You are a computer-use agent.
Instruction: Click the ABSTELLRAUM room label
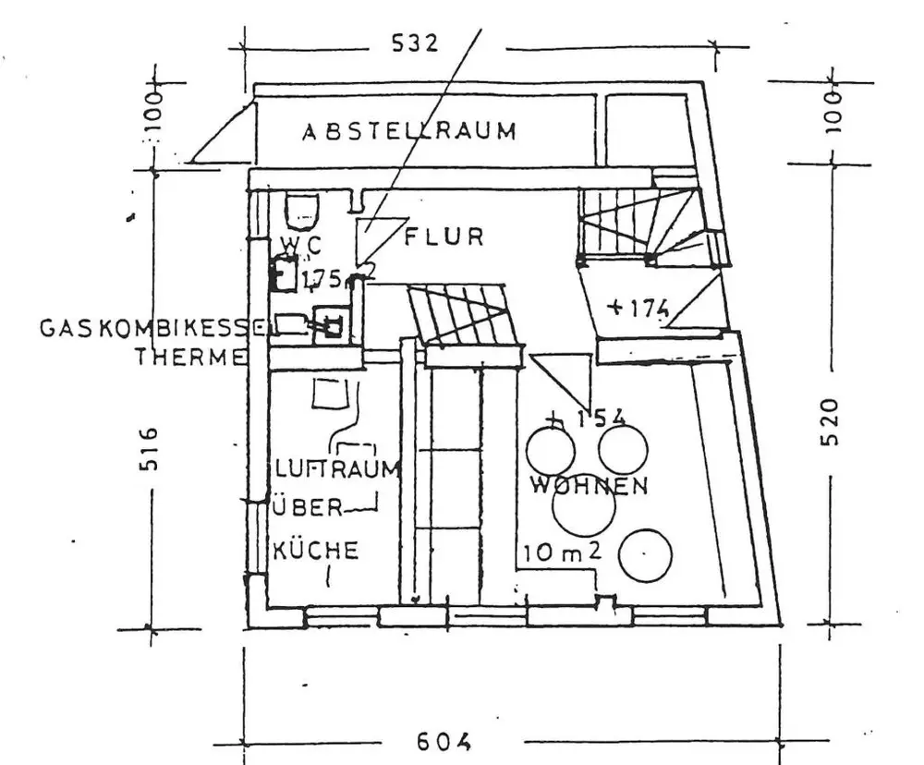pos(409,131)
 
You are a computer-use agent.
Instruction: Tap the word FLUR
pos(444,237)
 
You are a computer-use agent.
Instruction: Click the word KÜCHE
pos(315,552)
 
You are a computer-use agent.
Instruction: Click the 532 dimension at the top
pos(415,44)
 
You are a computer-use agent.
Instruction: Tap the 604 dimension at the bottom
pos(444,741)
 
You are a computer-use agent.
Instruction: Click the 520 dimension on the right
pos(829,421)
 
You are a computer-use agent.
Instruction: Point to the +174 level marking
pos(638,307)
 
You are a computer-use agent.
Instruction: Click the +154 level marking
pos(587,419)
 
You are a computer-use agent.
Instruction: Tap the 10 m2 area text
pos(563,552)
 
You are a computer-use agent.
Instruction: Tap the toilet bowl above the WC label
pos(302,211)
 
